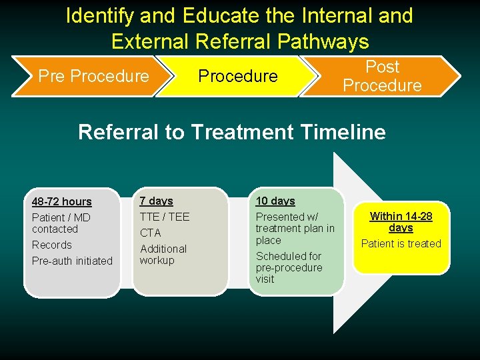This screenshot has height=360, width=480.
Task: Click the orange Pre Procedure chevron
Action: point(93,76)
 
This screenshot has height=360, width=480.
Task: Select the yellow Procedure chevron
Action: point(237,76)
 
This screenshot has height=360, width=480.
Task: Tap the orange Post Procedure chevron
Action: point(382,76)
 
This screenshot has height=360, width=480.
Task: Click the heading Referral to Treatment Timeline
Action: point(231,132)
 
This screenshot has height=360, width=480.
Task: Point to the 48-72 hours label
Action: point(62,201)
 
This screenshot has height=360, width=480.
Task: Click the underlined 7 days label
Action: point(156,201)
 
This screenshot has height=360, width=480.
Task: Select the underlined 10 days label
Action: point(275,201)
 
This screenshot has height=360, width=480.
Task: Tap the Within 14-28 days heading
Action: point(401,221)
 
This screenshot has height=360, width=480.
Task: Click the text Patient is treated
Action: point(401,243)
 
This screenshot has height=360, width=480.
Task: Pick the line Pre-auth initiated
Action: point(72,261)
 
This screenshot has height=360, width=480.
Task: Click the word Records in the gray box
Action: point(51,245)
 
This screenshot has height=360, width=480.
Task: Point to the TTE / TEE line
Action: point(164,217)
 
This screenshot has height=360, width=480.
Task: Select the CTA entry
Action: point(150,233)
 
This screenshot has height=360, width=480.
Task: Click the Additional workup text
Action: point(163,254)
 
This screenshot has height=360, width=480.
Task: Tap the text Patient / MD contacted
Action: point(61,223)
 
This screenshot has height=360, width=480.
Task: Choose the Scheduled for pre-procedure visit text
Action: point(289,267)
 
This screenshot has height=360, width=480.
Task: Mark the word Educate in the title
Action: point(227,15)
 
